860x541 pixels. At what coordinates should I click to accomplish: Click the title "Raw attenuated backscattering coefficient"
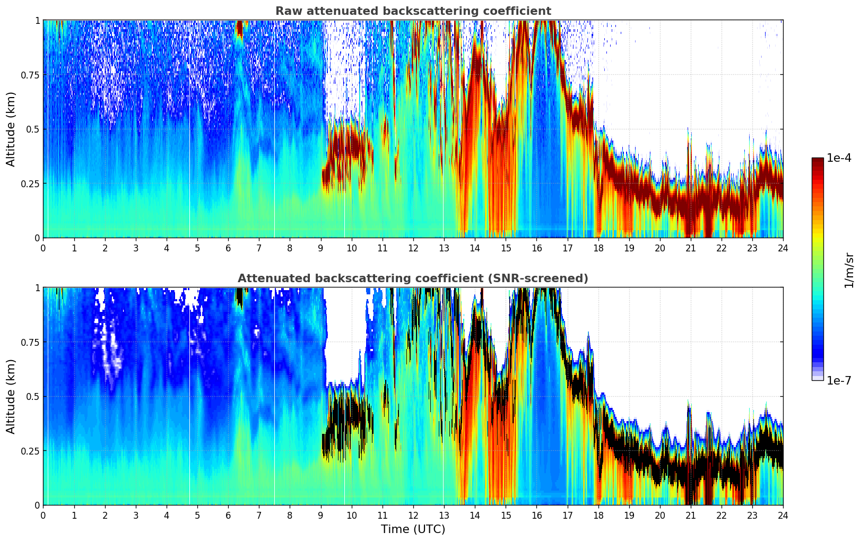[413, 11]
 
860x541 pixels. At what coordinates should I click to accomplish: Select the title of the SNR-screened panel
[413, 278]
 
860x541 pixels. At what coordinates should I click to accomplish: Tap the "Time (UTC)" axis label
[413, 529]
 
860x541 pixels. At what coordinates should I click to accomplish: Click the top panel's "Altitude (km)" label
[11, 129]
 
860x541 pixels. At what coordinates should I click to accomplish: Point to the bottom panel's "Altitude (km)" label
[11, 396]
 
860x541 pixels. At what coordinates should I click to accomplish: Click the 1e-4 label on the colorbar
[839, 158]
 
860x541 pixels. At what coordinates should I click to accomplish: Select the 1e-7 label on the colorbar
[839, 380]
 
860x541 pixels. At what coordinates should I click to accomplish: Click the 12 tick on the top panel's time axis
[413, 248]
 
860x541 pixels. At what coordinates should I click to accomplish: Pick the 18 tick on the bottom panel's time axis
[598, 515]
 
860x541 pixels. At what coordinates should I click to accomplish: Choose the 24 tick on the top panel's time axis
[783, 248]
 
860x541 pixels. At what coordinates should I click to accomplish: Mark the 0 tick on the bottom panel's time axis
[43, 515]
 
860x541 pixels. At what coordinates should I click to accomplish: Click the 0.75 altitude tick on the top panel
[30, 75]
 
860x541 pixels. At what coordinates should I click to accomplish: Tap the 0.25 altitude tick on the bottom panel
[30, 451]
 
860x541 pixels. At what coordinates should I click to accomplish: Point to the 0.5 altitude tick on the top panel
[33, 129]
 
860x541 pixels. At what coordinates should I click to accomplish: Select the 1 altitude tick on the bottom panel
[37, 287]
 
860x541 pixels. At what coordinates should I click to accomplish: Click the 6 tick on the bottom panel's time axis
[228, 515]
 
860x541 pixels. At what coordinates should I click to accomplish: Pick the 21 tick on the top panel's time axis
[691, 248]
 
